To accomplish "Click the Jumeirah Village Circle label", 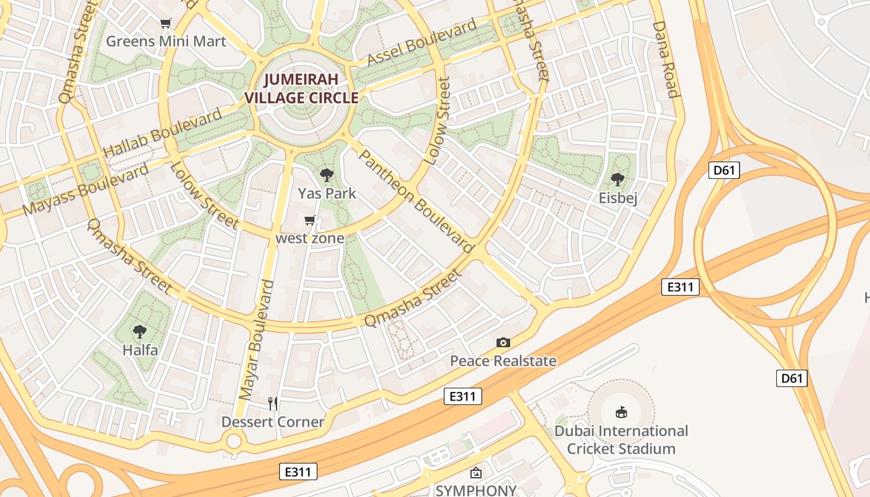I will click(x=301, y=88).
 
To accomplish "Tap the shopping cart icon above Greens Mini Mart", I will click(x=165, y=24).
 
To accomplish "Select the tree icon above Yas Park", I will click(x=326, y=175).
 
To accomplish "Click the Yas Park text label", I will click(x=327, y=193).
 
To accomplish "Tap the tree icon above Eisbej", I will click(x=617, y=180).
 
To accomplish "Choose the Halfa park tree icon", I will click(x=140, y=332).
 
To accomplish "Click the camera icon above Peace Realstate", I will click(x=503, y=342).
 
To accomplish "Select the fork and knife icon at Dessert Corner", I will click(x=273, y=404).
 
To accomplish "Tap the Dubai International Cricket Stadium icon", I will click(x=621, y=412).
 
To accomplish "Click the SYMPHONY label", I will click(x=475, y=490).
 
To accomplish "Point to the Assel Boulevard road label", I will click(x=422, y=42).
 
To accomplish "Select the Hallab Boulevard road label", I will click(x=162, y=132).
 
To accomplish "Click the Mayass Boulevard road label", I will click(x=86, y=189).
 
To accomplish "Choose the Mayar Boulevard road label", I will click(x=256, y=340).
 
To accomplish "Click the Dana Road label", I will click(x=665, y=60).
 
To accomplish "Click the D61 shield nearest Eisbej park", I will click(x=724, y=170).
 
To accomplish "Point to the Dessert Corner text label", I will click(x=273, y=422).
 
